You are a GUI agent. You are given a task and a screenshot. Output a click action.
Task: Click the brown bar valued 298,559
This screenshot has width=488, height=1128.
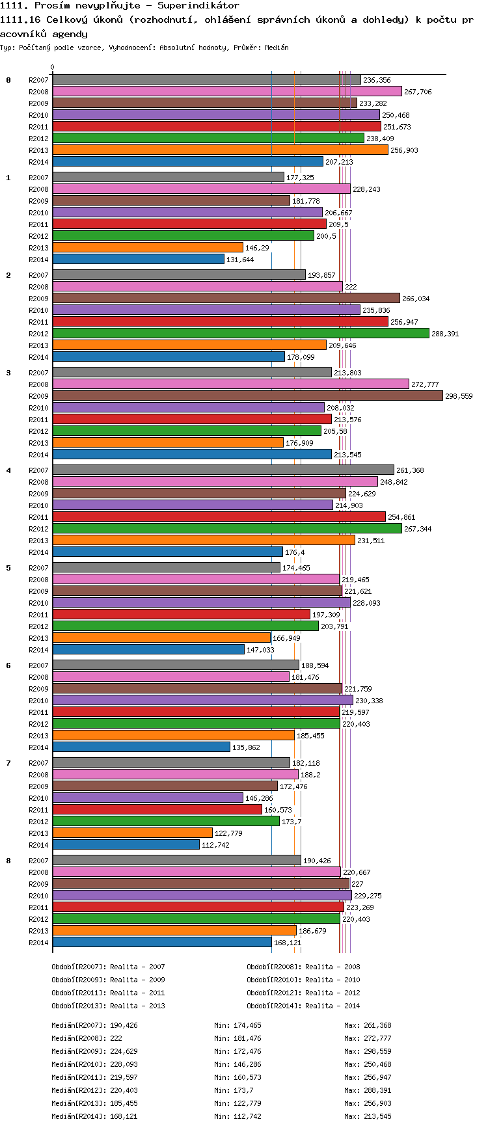point(247,396)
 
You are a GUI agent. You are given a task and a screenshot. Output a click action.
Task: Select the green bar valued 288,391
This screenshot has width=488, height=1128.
point(241,333)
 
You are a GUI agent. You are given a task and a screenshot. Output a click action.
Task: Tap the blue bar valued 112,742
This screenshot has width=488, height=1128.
point(126,844)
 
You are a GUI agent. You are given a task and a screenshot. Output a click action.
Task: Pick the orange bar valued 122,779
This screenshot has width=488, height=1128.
point(132,833)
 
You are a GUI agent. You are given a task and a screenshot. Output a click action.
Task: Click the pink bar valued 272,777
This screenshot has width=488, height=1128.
point(230,384)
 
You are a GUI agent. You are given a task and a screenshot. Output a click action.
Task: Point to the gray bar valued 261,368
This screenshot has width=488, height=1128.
point(223,470)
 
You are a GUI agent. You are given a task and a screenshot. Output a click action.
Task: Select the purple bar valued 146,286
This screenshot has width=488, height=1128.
point(148,798)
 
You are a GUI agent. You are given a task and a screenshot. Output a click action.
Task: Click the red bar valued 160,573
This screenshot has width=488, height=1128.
point(157,809)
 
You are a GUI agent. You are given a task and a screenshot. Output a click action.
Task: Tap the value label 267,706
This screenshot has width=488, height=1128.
point(418,92)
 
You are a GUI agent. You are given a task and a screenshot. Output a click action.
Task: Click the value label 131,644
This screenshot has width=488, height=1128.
point(240,260)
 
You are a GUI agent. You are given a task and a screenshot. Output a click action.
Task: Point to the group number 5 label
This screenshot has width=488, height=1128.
point(8,568)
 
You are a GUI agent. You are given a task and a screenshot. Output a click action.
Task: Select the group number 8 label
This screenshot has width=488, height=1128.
point(8,861)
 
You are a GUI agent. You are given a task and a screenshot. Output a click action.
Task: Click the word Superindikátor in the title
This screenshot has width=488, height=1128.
point(198,6)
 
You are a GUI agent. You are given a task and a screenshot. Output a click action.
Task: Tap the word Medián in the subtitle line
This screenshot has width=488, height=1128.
point(277,47)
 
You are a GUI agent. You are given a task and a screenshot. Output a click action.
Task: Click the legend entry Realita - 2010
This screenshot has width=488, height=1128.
point(332,980)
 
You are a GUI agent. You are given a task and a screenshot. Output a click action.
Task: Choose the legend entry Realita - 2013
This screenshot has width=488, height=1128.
point(137,1006)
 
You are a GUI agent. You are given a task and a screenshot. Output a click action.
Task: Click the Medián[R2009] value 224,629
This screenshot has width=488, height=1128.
point(124,1051)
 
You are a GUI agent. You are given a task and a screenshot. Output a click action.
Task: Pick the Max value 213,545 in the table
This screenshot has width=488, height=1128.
point(377,1116)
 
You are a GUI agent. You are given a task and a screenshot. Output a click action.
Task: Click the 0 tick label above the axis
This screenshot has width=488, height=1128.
point(53,67)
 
